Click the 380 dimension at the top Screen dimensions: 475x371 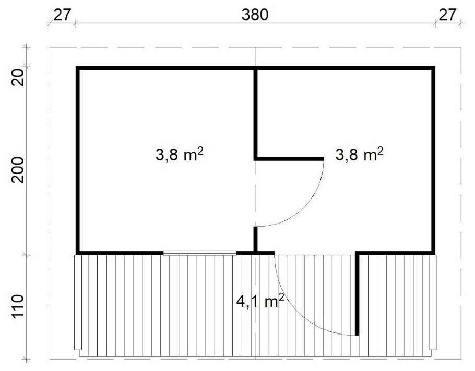coord(255,15)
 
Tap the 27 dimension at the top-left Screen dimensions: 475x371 coord(63,15)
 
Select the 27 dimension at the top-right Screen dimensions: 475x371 coord(447,15)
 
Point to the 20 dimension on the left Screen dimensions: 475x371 coord(18,78)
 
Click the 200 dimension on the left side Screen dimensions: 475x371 coord(18,170)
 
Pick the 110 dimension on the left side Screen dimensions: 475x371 coord(18,306)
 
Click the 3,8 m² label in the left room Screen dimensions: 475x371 coord(179,155)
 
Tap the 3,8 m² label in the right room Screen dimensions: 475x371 coord(359,154)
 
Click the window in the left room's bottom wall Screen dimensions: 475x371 coord(200,253)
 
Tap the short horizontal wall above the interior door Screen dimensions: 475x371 coord(289,158)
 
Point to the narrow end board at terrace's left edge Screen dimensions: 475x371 coord(78,302)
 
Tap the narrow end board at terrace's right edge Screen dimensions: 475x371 coord(433,302)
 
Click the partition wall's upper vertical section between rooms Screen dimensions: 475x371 coord(256,113)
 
